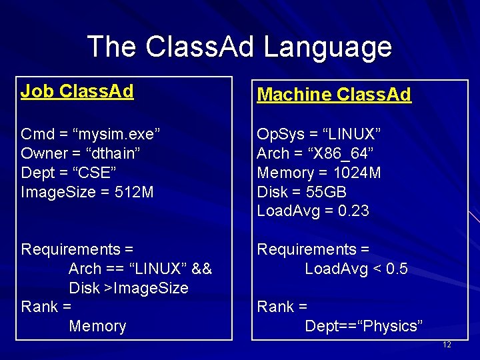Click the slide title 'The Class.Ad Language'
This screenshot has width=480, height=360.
coord(239,47)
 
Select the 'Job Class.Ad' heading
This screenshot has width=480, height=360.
coord(77,91)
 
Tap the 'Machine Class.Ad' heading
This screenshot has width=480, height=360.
coord(334,95)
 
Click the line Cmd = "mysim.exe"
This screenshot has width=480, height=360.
coord(91,134)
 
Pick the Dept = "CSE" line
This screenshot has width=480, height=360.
coord(69,173)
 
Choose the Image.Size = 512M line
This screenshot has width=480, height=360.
coord(87,192)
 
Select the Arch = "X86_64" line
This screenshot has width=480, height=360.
coord(315,153)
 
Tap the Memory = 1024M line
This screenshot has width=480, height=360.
coord(319,173)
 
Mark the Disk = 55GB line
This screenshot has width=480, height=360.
coord(299,192)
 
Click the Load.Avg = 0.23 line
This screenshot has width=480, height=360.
coord(313,211)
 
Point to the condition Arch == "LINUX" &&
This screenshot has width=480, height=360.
coord(140,269)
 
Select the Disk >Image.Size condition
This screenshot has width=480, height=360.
coord(129,288)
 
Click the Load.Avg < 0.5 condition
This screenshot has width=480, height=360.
coord(356,269)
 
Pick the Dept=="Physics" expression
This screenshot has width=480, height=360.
coord(363,326)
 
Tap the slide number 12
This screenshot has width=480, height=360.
coord(447,345)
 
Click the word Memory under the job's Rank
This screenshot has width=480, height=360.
coord(97,326)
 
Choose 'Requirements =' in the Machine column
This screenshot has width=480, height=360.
coord(313,249)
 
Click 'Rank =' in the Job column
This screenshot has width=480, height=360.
coord(46,307)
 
